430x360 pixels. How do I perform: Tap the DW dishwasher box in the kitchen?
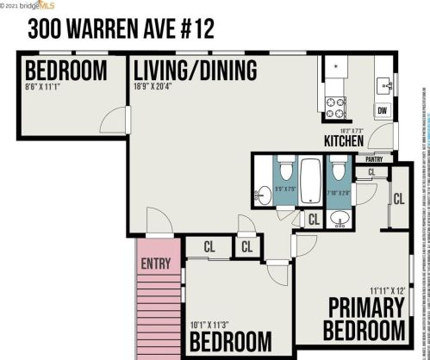pos(382,111)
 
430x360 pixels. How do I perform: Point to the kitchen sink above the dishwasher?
pos(384,84)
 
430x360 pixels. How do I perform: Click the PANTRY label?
pos(374,159)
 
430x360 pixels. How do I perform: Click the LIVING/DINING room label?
pos(195,70)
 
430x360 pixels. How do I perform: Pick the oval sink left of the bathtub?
pos(263,196)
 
